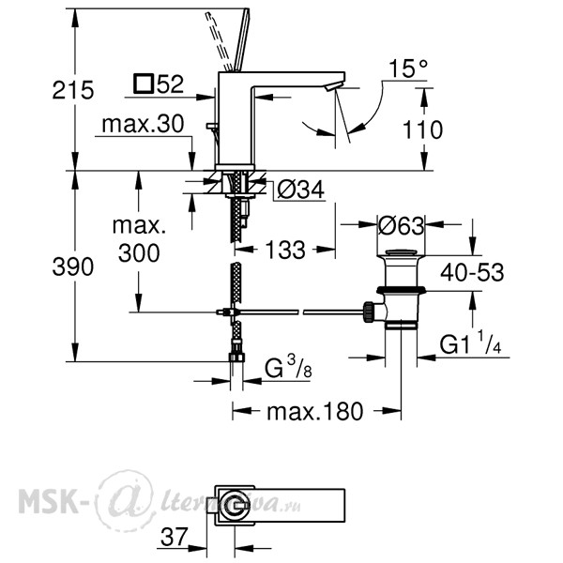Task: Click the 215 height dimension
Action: pos(73,90)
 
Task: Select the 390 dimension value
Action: pos(73,266)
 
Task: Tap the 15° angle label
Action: pos(408,68)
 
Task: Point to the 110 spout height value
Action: pos(422,129)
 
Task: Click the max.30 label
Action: pos(143,124)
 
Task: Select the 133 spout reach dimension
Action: pos(285,250)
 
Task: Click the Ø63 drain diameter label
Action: pos(401,226)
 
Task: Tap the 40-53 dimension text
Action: pos(472,272)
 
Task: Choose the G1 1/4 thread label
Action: pos(470,342)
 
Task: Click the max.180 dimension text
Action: pos(315,412)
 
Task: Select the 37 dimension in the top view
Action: pos(175,537)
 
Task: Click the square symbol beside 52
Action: pos(144,84)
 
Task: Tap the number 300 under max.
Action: pos(139,252)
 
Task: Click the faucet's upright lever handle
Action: pos(242,39)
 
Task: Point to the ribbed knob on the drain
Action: pos(369,312)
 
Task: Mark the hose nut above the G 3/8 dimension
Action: pos(236,358)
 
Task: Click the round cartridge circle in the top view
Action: pos(235,506)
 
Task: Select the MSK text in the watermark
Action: pos(49,500)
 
